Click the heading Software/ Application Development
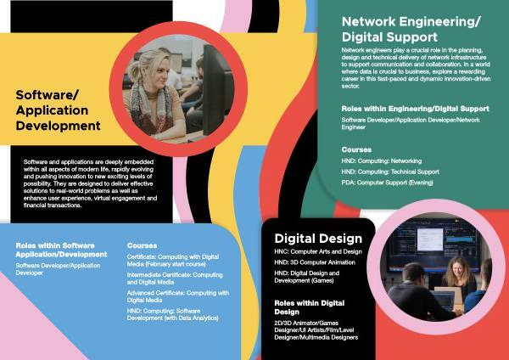(x=58, y=110)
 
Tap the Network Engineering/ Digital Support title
(x=411, y=29)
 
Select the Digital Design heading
(x=318, y=239)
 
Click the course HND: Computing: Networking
(x=382, y=160)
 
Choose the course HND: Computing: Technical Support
(x=390, y=172)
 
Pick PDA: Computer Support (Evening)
(x=388, y=183)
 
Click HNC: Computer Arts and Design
(x=318, y=251)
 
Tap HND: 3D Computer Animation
(x=315, y=262)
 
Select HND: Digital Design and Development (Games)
(x=307, y=277)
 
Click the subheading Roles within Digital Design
(x=310, y=307)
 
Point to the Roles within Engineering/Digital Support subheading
(x=415, y=109)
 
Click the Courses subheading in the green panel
(x=356, y=149)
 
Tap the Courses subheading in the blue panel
(x=143, y=245)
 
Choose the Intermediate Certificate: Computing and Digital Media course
(x=175, y=278)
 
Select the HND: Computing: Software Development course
(x=173, y=314)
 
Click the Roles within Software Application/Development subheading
(x=61, y=250)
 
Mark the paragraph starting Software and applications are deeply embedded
(x=90, y=183)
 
